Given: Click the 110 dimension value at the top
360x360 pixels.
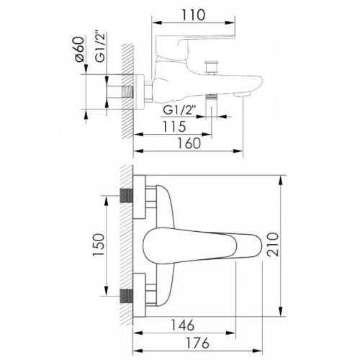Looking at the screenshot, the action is pyautogui.click(x=194, y=15).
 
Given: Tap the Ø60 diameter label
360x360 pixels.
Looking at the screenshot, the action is pyautogui.click(x=80, y=49).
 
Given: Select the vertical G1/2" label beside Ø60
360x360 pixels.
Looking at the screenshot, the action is pyautogui.click(x=101, y=47).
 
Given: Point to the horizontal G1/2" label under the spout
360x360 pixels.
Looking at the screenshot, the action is pyautogui.click(x=179, y=111).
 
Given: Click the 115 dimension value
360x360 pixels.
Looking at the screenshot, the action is pyautogui.click(x=174, y=127).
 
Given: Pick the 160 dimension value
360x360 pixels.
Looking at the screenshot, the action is pyautogui.click(x=189, y=143).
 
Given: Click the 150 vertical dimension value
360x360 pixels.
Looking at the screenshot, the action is pyautogui.click(x=99, y=245).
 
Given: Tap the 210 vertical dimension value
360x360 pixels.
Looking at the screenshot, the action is pyautogui.click(x=273, y=245).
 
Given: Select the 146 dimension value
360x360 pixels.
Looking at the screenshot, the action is pyautogui.click(x=183, y=325).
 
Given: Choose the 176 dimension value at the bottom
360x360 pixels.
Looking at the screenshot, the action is pyautogui.click(x=197, y=343).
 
